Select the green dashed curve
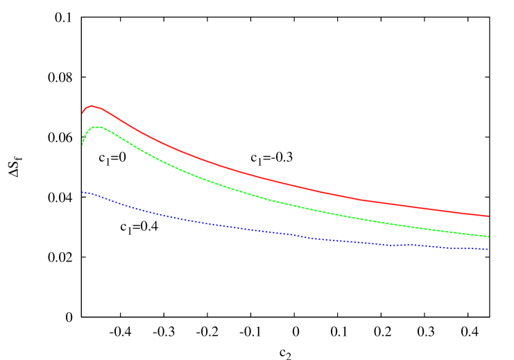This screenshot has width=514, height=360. pos(208,181)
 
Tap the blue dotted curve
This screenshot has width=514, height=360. pos(208,223)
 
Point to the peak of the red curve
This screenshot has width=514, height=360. pos(92,106)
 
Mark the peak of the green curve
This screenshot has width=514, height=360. pos(98,127)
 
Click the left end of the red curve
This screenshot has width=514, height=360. pos(83,113)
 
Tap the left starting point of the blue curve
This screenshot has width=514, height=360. pos(83,192)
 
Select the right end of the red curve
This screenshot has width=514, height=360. pos(489,216)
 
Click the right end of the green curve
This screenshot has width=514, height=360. pos(489,237)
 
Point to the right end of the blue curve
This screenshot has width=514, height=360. pos(489,249)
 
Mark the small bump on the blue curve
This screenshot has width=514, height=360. pos(411,244)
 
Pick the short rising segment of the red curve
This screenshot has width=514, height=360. pos(85,109)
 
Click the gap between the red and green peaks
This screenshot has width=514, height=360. pos(95,117)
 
